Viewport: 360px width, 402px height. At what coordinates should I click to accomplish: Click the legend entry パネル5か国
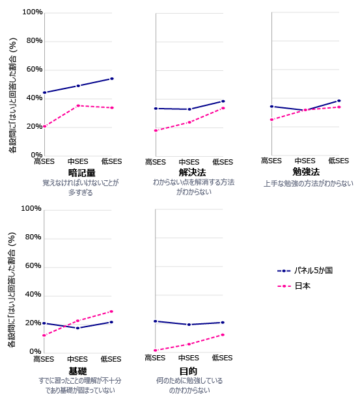312,270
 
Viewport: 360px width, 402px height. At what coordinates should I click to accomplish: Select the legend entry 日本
302,286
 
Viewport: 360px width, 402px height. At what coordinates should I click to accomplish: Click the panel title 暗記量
81,173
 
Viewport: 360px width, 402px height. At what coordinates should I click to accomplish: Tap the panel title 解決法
192,173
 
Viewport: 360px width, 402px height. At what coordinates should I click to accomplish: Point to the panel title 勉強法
306,172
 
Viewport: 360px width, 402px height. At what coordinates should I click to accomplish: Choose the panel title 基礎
77,370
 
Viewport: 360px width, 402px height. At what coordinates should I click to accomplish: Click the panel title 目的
188,370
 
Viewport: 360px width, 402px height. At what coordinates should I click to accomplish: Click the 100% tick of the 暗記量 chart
33,12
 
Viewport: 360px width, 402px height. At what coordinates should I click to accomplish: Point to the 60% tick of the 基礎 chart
33,266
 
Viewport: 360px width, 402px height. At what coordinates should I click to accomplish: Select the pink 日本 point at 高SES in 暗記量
44,126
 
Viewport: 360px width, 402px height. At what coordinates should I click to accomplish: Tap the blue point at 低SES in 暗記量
112,79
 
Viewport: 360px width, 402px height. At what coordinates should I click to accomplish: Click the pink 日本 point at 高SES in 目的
155,351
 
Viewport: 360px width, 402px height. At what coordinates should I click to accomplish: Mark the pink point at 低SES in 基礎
111,312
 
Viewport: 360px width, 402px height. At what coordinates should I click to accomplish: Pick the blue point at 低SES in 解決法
223,101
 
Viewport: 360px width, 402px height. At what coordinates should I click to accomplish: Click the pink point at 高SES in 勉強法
271,120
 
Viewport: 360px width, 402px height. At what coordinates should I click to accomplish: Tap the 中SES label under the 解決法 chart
189,162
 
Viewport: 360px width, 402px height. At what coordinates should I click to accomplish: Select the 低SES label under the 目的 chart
222,358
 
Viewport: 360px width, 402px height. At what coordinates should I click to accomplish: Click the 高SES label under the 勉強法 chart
271,161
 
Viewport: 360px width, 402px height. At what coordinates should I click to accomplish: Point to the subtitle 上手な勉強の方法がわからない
308,183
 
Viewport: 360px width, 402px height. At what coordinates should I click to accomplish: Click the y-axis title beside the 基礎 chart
11,289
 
